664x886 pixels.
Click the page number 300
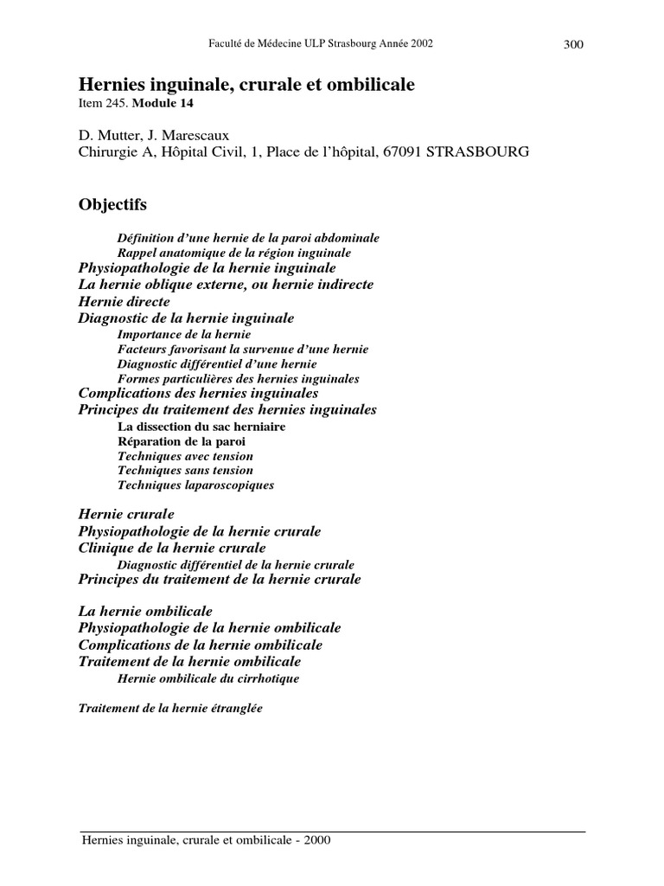[574, 45]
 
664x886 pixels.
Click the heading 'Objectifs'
[112, 205]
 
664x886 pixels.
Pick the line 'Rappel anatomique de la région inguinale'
[233, 253]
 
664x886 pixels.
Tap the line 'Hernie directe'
[124, 302]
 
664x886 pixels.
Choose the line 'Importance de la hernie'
[184, 334]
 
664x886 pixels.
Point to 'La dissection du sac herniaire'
[201, 426]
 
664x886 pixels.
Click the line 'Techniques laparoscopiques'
[195, 485]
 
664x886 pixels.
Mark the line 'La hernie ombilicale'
[145, 611]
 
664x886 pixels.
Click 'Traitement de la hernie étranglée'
[169, 708]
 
